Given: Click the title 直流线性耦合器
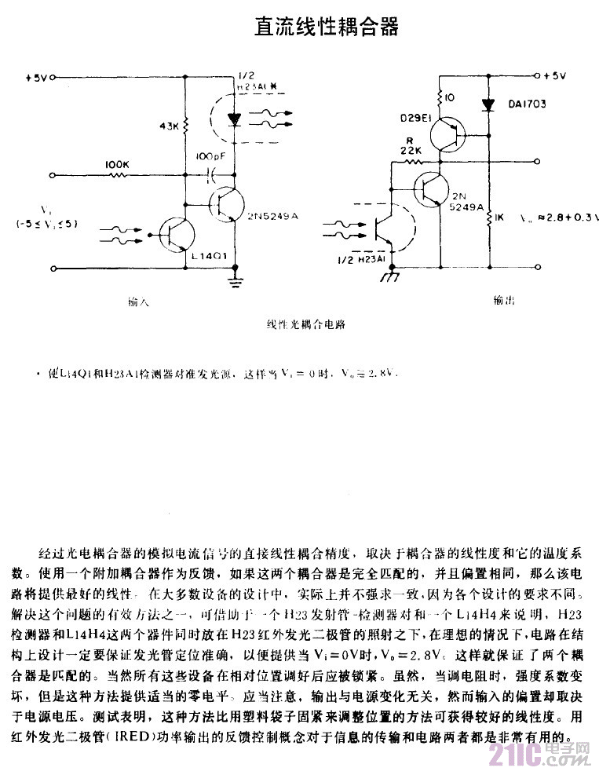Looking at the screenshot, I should tap(326, 27).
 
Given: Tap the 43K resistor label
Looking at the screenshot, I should tap(170, 125).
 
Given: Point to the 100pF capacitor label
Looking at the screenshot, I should tap(210, 157).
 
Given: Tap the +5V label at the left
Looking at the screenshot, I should tap(36, 79).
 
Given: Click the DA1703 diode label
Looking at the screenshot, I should tap(527, 104).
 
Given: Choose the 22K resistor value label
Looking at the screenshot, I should tap(411, 151).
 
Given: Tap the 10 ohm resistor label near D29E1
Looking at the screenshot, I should tap(450, 98).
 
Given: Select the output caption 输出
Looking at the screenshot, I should tap(504, 300).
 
